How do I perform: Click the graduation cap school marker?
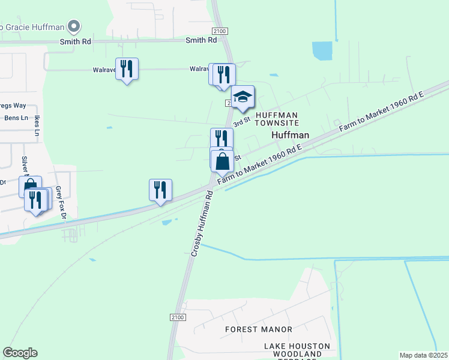(243, 97)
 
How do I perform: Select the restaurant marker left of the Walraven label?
(127, 69)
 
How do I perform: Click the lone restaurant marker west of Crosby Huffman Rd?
(160, 190)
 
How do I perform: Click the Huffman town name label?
(291, 135)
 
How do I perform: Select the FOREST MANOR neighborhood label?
(259, 329)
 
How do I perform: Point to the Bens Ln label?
(16, 118)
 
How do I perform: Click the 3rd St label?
(241, 122)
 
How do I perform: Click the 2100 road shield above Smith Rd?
(220, 31)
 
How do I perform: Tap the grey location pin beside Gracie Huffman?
(74, 26)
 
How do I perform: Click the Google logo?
(20, 353)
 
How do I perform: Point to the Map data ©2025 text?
(423, 355)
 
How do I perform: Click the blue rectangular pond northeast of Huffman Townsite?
(322, 51)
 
